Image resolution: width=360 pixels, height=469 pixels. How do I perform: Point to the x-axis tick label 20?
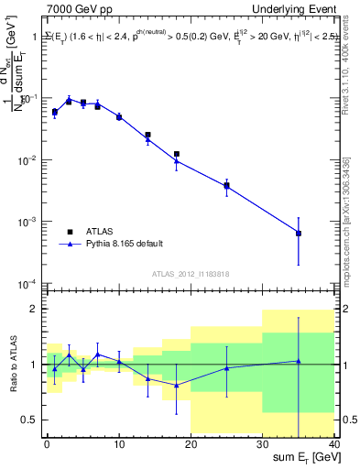point(191,444)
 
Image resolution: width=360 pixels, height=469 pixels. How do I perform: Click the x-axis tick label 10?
point(118,444)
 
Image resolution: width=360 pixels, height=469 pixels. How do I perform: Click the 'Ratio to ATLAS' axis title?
point(12,364)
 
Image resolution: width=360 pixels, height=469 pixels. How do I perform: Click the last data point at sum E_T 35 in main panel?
point(299,233)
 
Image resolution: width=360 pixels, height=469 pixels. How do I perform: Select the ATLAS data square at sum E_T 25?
point(226,185)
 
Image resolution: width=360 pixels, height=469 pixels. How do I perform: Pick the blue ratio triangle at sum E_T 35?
point(299,361)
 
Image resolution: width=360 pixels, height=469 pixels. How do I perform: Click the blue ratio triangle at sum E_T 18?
point(177,386)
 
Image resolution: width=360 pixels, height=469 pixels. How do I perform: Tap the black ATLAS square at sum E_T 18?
point(177,154)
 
